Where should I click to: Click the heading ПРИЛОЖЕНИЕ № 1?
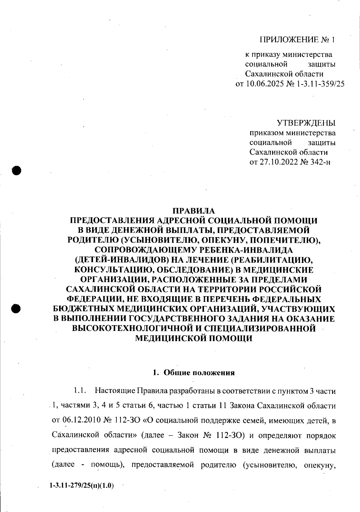pos(297,40)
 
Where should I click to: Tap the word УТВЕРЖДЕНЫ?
pos(306,123)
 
